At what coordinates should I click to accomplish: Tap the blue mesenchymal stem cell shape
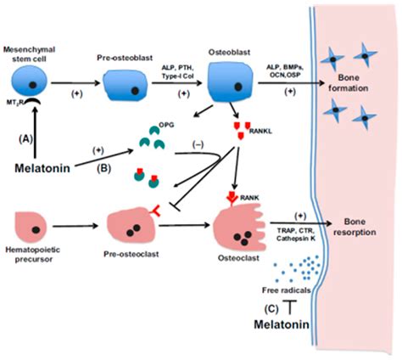pos(28,85)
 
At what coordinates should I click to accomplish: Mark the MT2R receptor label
pos(17,104)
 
